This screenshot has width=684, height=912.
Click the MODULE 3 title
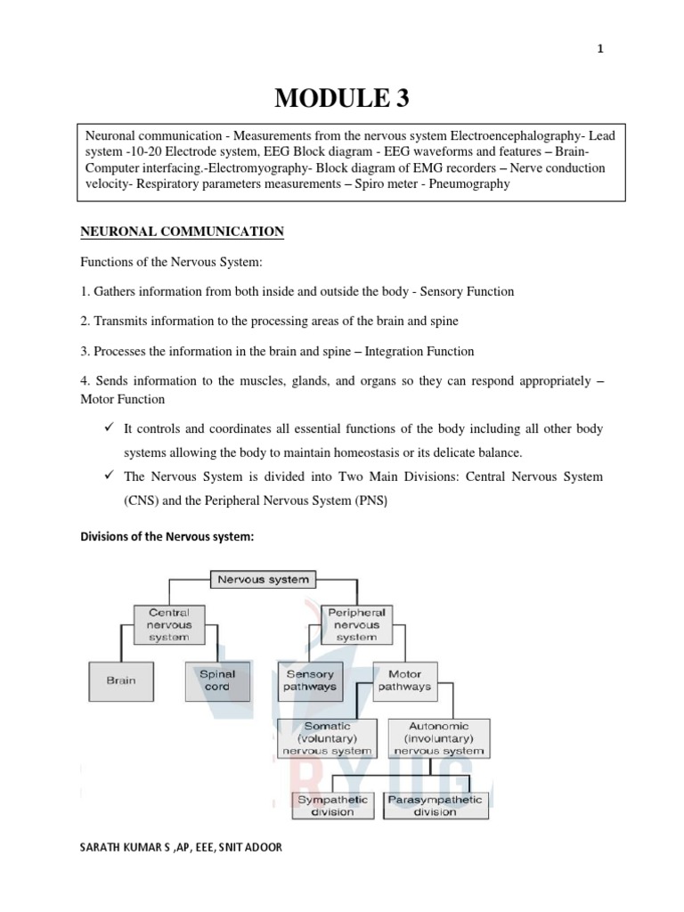pos(342,99)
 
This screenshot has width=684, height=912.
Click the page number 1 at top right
pos(600,49)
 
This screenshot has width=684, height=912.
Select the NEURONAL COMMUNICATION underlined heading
pos(182,232)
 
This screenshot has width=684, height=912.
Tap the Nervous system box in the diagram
pos(263,580)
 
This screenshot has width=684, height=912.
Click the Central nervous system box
pos(169,624)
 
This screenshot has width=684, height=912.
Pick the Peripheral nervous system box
pos(356,624)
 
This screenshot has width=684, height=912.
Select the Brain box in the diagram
pos(121,680)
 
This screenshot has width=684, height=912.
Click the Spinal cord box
pos(216,680)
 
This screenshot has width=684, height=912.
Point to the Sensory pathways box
pos(310,680)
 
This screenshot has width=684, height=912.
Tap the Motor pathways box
pos(404,680)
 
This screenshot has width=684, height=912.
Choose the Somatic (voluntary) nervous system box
pos(328,738)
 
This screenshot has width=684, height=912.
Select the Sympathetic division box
pos(332,805)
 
